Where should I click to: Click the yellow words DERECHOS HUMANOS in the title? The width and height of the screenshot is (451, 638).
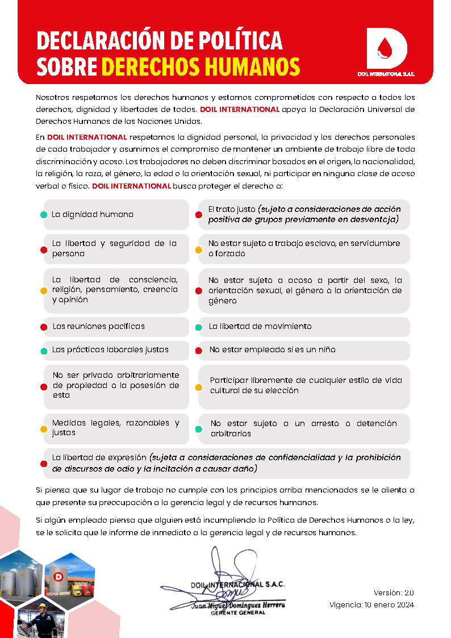point(201,66)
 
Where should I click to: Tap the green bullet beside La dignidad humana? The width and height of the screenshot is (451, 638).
point(44,215)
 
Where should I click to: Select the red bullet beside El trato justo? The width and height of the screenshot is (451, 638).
point(199,215)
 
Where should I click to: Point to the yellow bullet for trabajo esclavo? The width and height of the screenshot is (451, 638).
point(199,249)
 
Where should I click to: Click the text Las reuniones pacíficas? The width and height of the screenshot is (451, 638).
point(99,327)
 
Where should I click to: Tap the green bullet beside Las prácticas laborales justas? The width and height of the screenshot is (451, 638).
point(44,351)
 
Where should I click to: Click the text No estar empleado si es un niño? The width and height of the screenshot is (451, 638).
point(272,350)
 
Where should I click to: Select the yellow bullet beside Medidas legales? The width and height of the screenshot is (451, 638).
point(44,429)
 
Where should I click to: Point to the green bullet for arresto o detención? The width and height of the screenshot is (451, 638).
point(199,429)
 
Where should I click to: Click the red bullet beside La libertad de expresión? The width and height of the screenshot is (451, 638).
point(44,464)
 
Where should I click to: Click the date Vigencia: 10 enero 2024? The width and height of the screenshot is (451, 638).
point(371,604)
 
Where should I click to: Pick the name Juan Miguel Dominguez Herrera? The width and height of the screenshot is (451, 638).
point(238,606)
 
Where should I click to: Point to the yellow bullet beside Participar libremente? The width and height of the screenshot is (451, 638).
point(199,387)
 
